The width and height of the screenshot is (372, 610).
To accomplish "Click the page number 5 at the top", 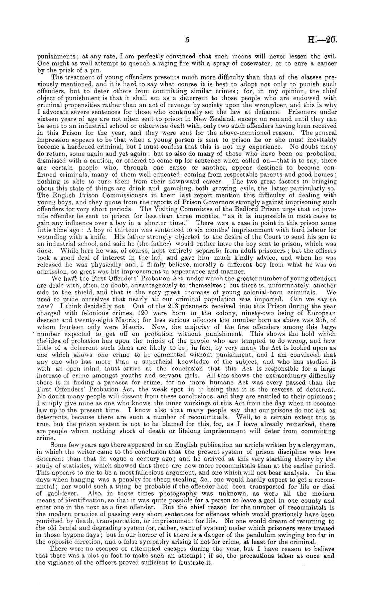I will pyautogui.click(x=187, y=39).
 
